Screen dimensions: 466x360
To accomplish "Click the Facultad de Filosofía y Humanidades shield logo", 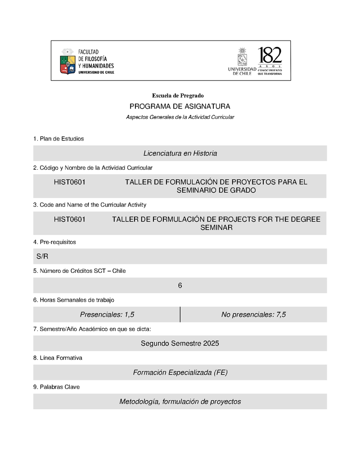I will click(67, 61).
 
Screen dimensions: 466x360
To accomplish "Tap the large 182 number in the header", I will click(270, 55).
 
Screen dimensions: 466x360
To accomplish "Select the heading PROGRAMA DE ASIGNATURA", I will click(180, 107).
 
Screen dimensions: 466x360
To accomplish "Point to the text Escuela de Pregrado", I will click(178, 95).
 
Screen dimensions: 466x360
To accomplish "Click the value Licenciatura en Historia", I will click(180, 154).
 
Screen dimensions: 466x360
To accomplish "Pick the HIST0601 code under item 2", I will click(70, 182).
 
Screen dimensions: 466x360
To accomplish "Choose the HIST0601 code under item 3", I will click(70, 219).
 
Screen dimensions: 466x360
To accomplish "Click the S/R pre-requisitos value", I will click(42, 257).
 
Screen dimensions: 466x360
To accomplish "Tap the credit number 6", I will click(180, 285).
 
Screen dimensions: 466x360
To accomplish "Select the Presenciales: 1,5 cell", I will click(107, 315).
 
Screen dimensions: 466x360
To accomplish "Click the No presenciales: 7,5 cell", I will click(253, 315).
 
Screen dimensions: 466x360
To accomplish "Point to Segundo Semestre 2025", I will click(180, 344).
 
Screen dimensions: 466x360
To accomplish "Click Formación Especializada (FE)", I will click(180, 372).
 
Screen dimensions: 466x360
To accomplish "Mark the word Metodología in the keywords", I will click(138, 402).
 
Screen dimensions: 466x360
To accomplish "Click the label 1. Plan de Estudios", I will click(58, 139).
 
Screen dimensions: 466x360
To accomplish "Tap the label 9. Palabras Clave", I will click(56, 387).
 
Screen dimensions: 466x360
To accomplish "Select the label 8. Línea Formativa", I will click(58, 358).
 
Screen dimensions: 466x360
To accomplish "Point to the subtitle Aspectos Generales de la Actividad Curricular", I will click(180, 117).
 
